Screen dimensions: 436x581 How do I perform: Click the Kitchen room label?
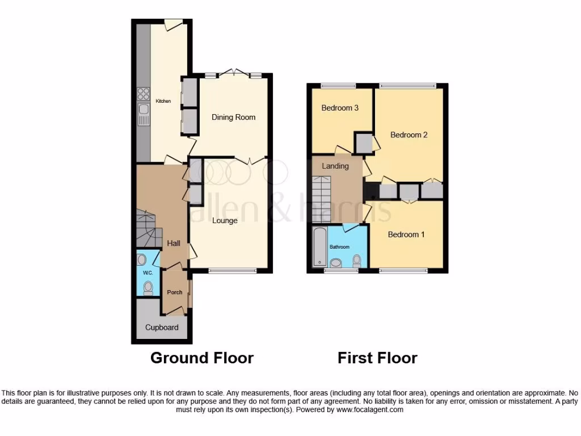(x=163, y=101)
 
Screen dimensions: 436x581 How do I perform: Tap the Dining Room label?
(x=234, y=118)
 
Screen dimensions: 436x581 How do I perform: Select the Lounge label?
(x=225, y=221)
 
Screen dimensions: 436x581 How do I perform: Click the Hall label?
(x=174, y=243)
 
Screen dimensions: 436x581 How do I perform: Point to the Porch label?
(x=175, y=292)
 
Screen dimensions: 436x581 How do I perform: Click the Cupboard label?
(x=162, y=328)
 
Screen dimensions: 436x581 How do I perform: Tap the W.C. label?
(x=148, y=273)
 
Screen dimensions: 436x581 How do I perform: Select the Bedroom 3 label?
(x=340, y=108)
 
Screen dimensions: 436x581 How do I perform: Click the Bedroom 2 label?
(x=409, y=135)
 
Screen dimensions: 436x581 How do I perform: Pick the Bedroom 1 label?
(x=406, y=234)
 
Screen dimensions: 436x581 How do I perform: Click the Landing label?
(x=335, y=166)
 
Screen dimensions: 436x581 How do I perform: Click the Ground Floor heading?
(x=201, y=358)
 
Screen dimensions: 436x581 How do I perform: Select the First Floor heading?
(x=377, y=358)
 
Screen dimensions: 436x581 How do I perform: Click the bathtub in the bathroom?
(x=319, y=247)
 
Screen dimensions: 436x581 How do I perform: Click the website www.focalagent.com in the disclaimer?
(x=369, y=409)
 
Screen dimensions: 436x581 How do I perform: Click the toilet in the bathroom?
(x=357, y=261)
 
